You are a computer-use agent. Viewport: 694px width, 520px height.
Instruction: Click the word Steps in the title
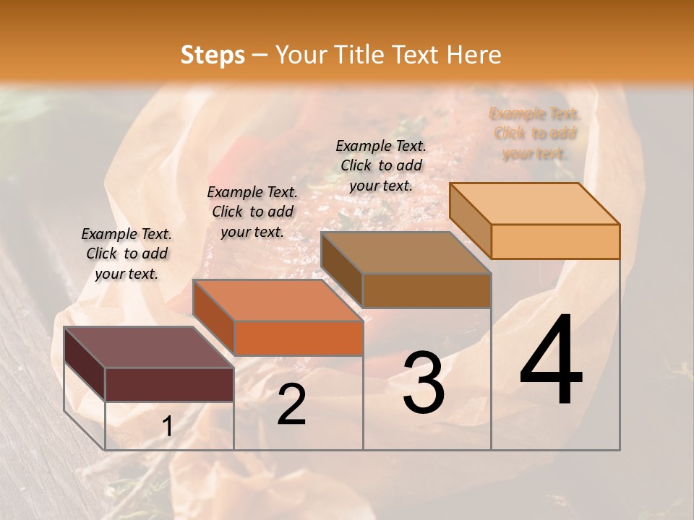pos(213,55)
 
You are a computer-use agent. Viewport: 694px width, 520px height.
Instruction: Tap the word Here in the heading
pos(473,55)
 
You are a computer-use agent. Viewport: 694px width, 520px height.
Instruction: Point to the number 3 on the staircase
pos(423,383)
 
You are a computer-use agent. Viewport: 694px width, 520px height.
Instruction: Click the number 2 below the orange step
pos(291,405)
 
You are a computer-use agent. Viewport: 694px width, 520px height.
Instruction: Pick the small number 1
pos(167,427)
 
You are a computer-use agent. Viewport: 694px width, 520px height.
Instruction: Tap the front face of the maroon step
pos(169,384)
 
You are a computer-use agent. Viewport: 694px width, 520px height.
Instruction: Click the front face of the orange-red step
pos(298,338)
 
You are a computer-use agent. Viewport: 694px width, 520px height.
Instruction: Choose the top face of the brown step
pos(406,253)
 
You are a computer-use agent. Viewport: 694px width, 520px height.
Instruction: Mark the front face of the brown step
pos(427,290)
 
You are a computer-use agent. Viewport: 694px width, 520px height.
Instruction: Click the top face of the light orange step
pos(534,204)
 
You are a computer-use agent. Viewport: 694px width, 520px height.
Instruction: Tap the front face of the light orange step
pos(555,241)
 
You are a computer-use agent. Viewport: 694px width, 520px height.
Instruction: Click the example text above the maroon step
pos(127,253)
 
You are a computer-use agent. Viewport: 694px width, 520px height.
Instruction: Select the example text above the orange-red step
pos(252,212)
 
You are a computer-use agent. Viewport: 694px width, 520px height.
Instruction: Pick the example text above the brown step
pos(381,165)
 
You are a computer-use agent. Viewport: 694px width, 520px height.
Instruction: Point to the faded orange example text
pos(535,134)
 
